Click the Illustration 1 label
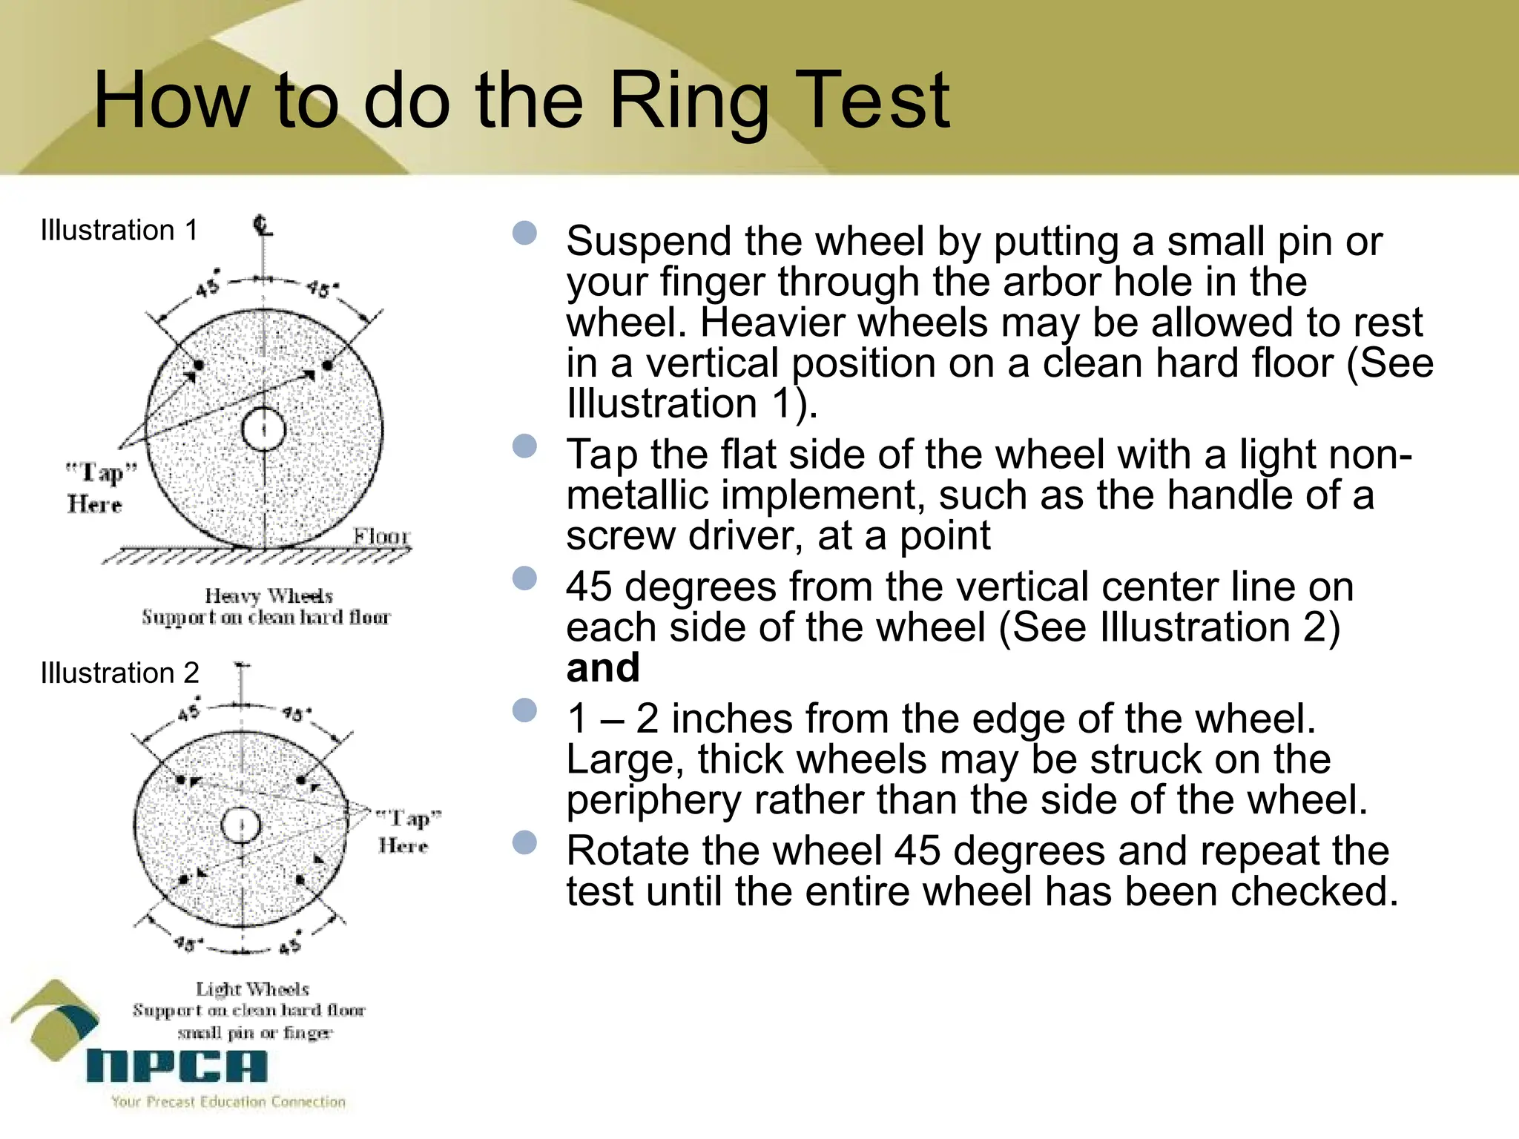coord(119,231)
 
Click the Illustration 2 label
coord(119,673)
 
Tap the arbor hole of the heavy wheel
coord(263,429)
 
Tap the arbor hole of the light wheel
coord(241,825)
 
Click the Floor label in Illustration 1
coord(380,535)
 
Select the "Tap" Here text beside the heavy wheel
coord(99,487)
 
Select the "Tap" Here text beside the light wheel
coord(406,831)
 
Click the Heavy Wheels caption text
coord(268,595)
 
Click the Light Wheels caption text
coord(252,988)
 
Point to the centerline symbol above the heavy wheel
coord(263,224)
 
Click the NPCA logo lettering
coord(177,1066)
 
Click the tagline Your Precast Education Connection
coord(228,1102)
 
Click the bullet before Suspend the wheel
coord(524,233)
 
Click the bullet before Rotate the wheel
coord(524,842)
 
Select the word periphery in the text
coord(653,801)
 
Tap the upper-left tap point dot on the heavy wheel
coord(198,366)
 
